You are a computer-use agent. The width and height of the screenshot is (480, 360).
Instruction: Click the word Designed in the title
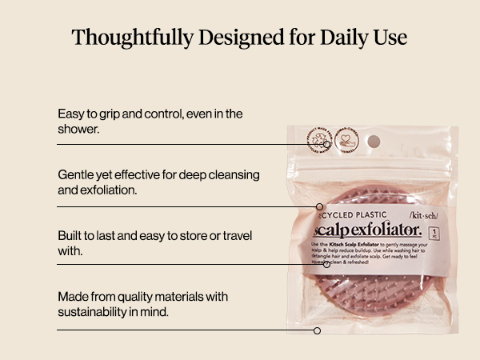(238, 38)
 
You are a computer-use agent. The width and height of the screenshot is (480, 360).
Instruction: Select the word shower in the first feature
(78, 129)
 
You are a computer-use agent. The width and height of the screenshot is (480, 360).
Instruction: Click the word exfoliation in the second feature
(110, 190)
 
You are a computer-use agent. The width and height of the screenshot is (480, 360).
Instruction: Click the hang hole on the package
(374, 141)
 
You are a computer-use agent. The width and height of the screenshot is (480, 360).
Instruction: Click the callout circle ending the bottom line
(317, 330)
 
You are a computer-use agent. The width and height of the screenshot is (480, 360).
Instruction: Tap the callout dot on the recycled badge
(318, 145)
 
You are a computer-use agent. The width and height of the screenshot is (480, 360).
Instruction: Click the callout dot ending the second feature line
(319, 207)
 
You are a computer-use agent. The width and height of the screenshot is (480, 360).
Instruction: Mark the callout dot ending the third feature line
(326, 264)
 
